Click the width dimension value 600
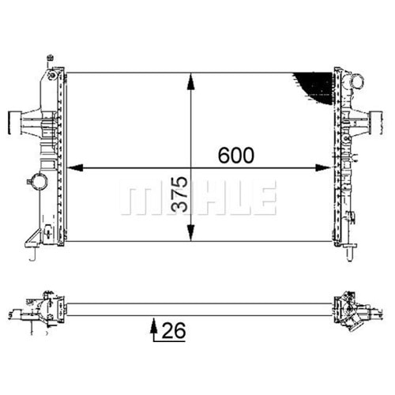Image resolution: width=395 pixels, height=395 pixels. (x=236, y=155)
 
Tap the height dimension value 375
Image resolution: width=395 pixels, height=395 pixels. (x=179, y=194)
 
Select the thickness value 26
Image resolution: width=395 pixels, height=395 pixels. (x=174, y=330)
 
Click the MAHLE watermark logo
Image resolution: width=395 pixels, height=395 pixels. (x=198, y=197)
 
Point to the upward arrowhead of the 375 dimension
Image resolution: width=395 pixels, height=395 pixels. (x=191, y=81)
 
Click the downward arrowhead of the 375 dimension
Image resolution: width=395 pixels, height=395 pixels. (x=191, y=232)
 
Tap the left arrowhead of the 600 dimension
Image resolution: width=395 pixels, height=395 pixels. (x=75, y=167)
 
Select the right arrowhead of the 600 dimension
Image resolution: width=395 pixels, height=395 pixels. (x=323, y=167)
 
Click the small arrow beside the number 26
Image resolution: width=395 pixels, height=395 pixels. (x=154, y=328)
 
